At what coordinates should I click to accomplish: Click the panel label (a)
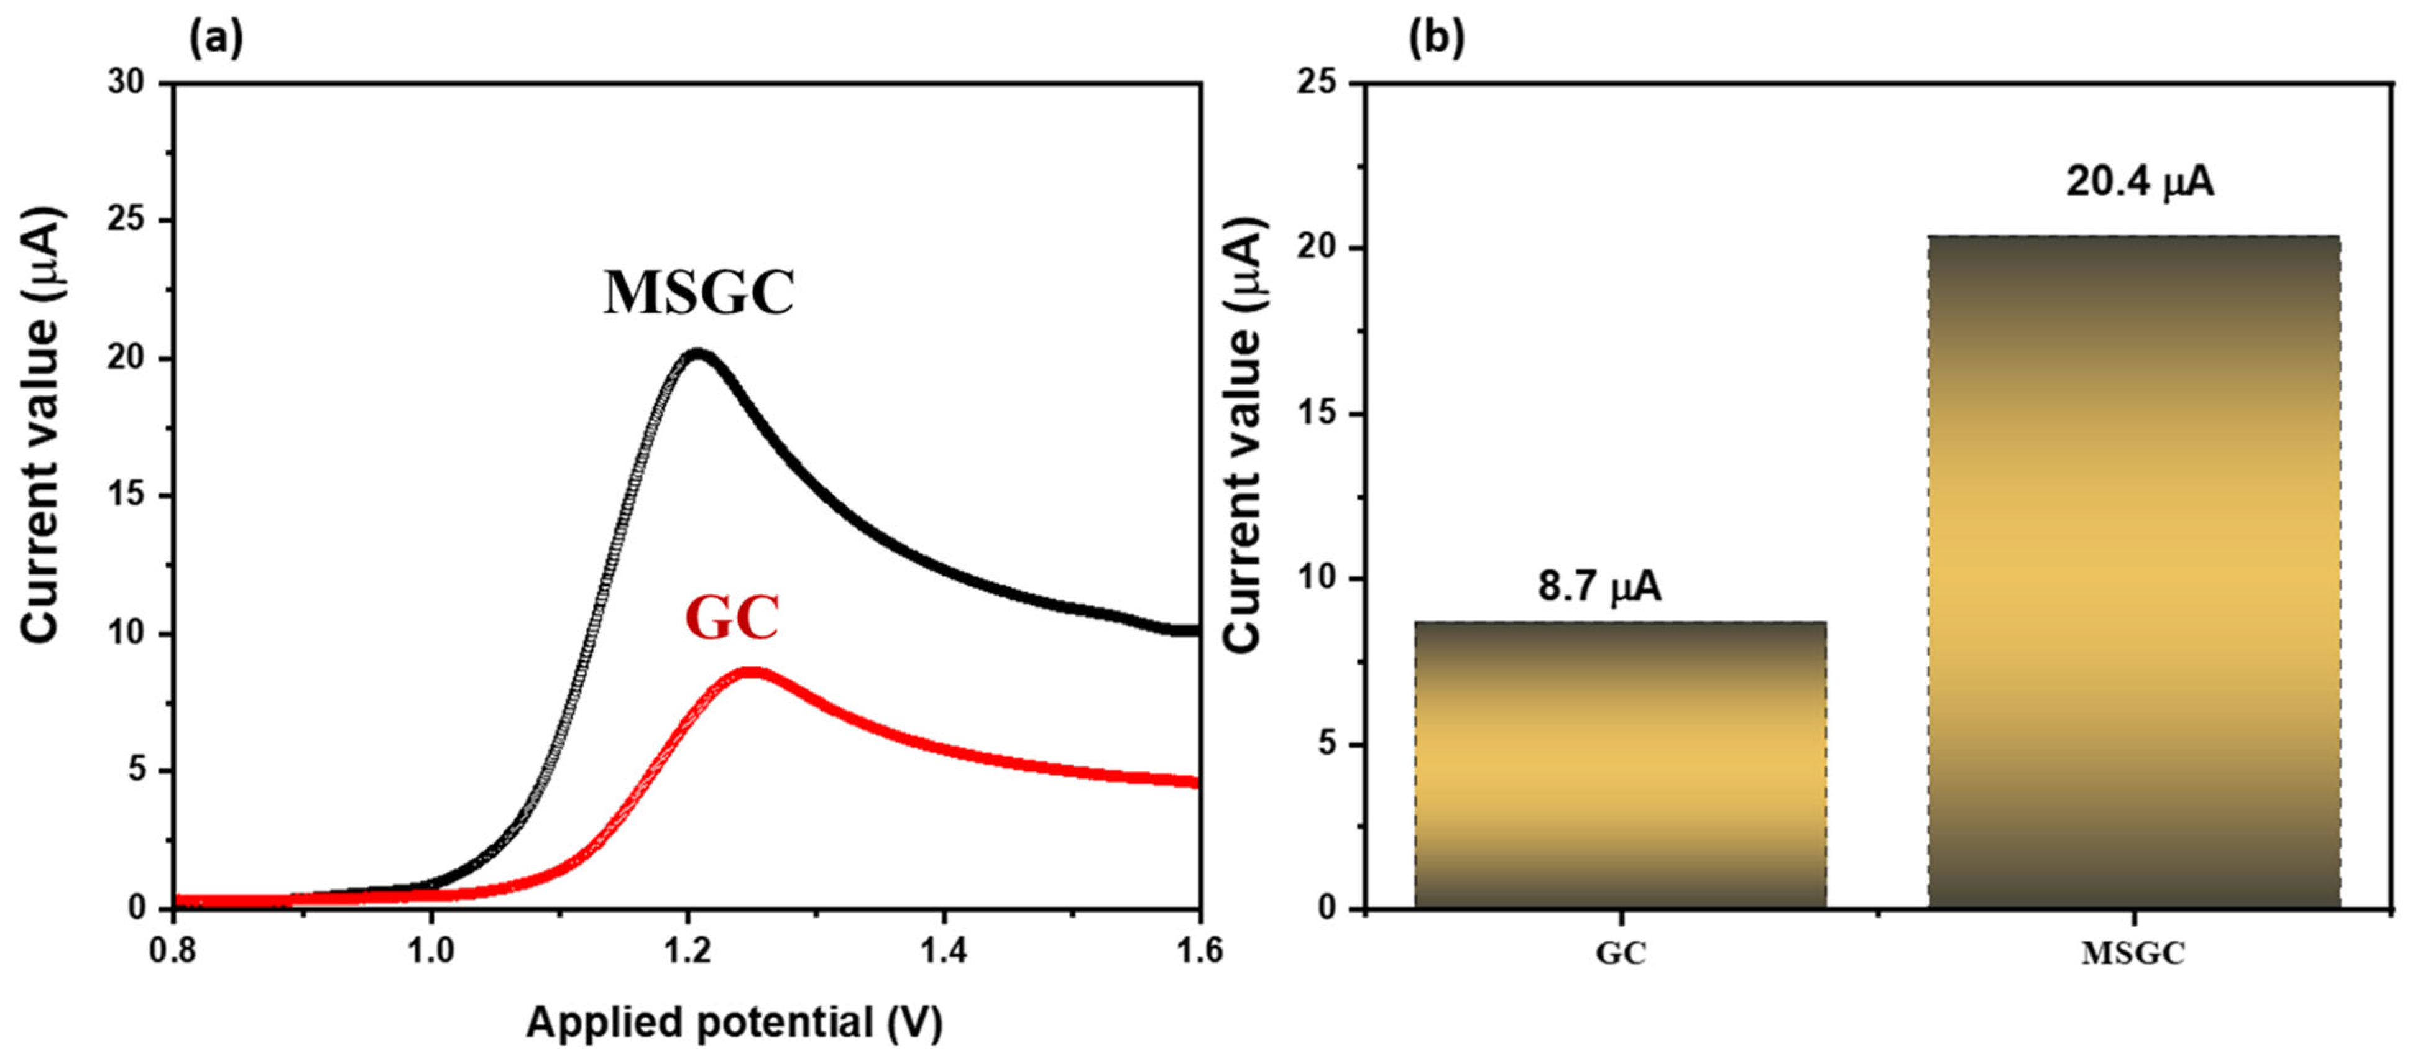[x=216, y=39]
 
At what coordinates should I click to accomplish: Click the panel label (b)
[x=1437, y=39]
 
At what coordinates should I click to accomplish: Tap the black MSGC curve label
[x=699, y=293]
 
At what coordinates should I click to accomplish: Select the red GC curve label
[x=732, y=619]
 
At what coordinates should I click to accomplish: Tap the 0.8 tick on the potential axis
[x=174, y=951]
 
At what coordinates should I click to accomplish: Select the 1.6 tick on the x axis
[x=1199, y=951]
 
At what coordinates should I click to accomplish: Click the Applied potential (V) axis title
[x=734, y=1023]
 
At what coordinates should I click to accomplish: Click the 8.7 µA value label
[x=1600, y=587]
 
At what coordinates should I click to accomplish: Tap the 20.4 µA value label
[x=2140, y=182]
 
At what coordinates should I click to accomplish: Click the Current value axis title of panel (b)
[x=1245, y=435]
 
